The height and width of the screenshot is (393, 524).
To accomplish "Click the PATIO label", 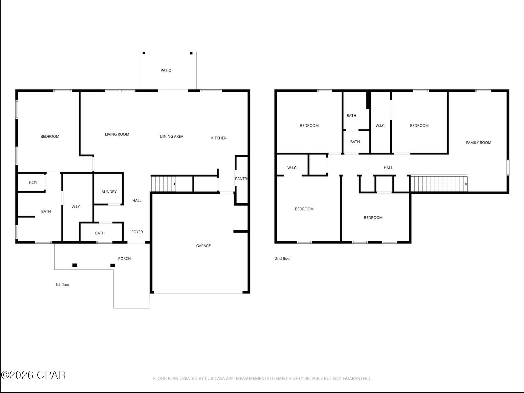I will coord(166,71).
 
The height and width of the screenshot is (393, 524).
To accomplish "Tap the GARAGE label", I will coord(203,246).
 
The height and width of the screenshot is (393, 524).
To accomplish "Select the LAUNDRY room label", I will coord(108,192).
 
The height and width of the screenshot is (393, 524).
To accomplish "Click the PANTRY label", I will coord(241,179).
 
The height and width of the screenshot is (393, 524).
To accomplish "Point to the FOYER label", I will coord(137,232).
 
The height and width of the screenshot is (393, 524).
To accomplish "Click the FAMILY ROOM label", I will coord(479,143).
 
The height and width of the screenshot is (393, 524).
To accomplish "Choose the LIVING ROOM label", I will coord(117,134).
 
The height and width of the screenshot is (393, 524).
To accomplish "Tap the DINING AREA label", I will coord(171,136).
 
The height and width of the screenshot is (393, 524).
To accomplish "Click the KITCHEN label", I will coord(219,138).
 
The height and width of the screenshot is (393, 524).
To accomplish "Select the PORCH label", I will coord(124,259).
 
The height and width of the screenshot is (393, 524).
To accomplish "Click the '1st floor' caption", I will coord(62,285).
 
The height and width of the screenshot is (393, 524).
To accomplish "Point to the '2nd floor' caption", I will coord(283,259).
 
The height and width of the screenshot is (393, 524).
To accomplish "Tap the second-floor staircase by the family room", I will coord(439,184).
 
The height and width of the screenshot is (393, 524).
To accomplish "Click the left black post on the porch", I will coord(75,265).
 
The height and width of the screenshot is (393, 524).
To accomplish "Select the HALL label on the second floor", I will coord(388,168).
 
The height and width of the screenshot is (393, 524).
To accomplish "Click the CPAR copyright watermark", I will coord(34,375).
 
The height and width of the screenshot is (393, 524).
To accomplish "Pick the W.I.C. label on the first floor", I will coord(76,207).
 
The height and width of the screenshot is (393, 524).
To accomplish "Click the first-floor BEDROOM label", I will coord(50,136).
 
